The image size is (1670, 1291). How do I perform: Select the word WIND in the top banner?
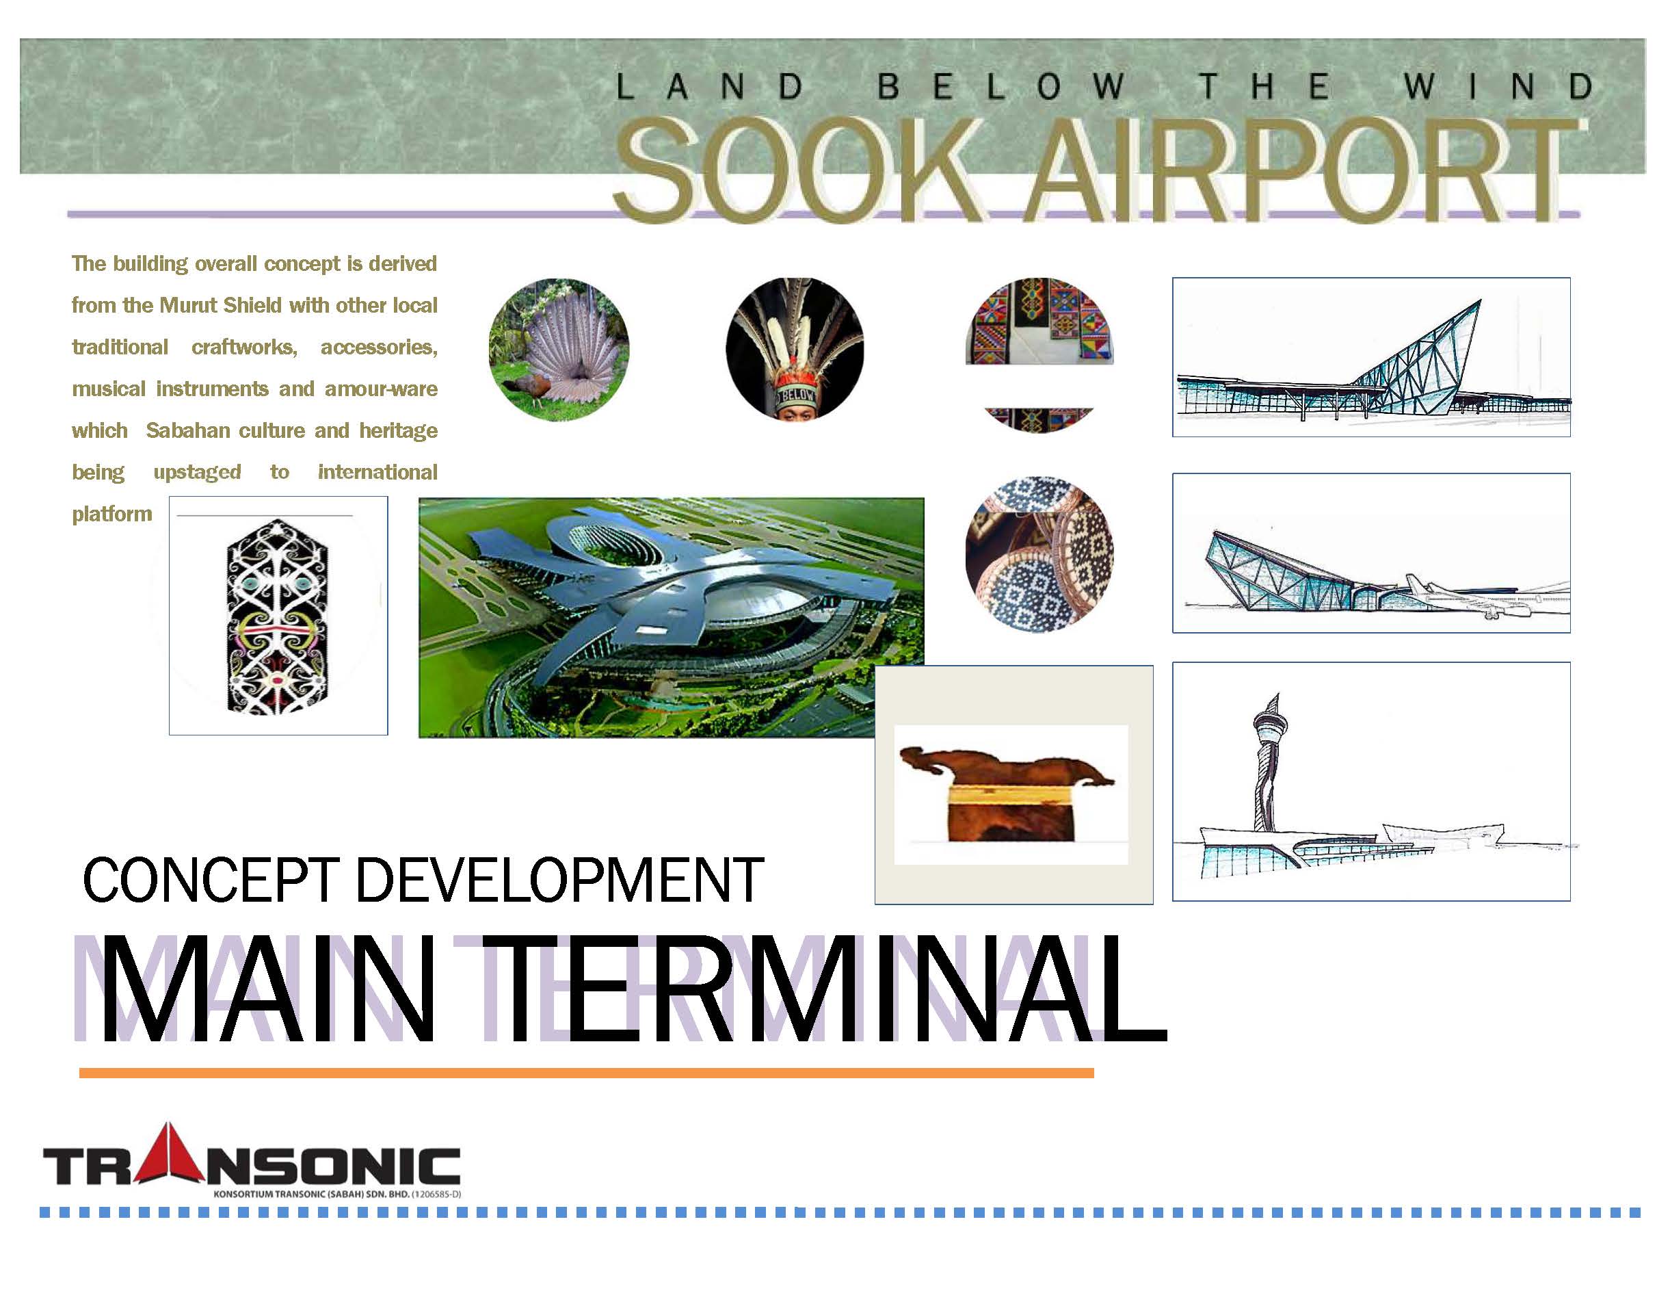[x=1497, y=87]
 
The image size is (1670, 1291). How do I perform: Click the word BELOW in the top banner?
[x=1002, y=87]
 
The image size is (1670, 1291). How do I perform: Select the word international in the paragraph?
[x=377, y=472]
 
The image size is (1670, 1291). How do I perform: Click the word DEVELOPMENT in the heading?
[x=559, y=880]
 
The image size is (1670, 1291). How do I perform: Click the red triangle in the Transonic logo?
[x=169, y=1153]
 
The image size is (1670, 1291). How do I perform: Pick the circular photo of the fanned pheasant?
[x=559, y=350]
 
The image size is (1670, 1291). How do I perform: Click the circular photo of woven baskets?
[x=1040, y=554]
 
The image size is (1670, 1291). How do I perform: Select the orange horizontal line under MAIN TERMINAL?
[x=587, y=1073]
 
